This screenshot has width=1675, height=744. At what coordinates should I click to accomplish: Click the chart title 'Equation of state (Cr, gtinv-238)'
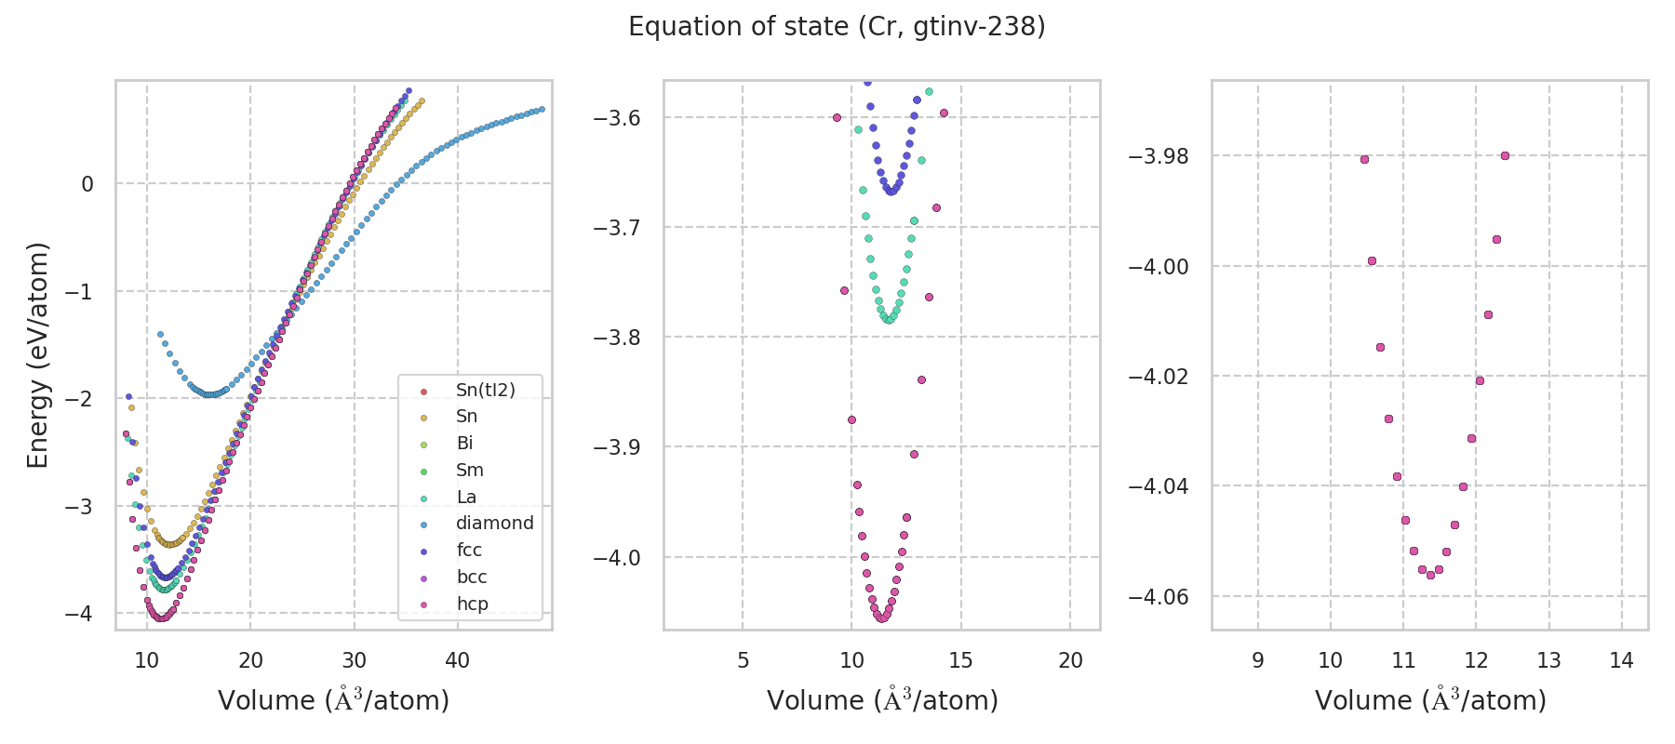point(837,27)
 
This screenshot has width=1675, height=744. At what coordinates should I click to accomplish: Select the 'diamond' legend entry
point(494,523)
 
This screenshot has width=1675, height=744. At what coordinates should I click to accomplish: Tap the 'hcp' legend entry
point(472,604)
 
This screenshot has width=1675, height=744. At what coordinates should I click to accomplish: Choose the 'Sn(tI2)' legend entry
point(485,390)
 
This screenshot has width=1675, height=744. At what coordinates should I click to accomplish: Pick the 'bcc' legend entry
point(472,577)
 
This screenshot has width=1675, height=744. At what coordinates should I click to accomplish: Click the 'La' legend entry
point(466,497)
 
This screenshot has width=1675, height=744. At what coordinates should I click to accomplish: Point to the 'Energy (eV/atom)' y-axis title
point(38,355)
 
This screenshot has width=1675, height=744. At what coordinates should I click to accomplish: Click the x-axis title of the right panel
point(1430,700)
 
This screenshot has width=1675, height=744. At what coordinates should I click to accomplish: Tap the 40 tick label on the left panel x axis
point(457,660)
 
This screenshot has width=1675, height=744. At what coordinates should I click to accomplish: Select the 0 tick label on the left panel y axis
point(87,184)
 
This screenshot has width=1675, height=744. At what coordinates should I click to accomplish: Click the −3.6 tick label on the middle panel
point(617,117)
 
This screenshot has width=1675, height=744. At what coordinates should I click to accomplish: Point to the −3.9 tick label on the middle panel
point(617,447)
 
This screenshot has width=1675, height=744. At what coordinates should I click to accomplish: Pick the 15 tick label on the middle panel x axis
point(960,660)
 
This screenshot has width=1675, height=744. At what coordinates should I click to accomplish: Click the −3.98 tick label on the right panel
point(1158,156)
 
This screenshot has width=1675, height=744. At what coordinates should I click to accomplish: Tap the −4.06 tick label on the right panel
point(1158,596)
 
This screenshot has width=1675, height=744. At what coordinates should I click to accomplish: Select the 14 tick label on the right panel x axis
point(1621,660)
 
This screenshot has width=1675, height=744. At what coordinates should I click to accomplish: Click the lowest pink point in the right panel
point(1430,575)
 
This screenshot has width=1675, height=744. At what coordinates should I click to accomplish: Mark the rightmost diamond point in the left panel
point(542,109)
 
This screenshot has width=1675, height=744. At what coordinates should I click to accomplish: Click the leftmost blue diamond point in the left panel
point(160,334)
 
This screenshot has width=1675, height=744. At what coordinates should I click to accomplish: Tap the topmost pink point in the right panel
point(1505,155)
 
